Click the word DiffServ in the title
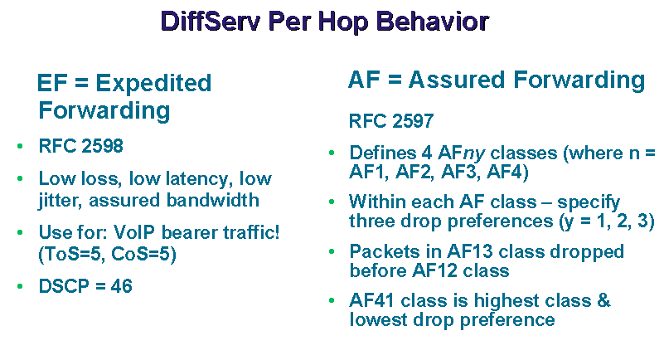point(210,22)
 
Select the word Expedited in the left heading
point(153,84)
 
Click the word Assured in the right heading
point(457,80)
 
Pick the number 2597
point(413,121)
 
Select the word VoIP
point(134,232)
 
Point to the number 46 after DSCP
point(122,286)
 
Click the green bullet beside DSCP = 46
point(20,286)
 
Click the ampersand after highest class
point(603,301)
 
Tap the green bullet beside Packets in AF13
point(332,251)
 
